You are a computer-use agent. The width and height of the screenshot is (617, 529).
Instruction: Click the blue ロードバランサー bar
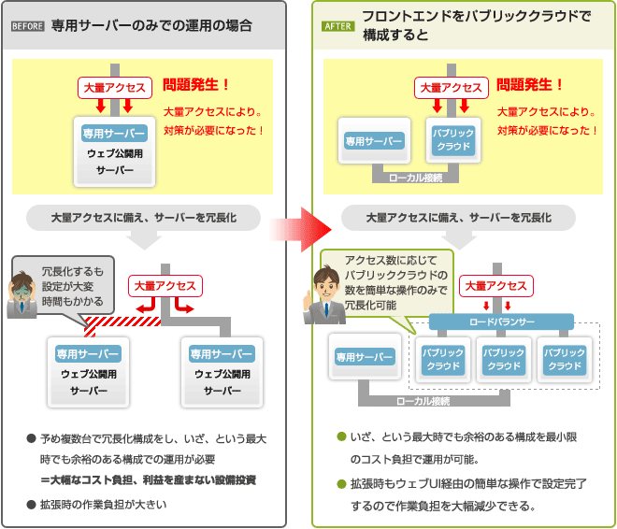click(501, 322)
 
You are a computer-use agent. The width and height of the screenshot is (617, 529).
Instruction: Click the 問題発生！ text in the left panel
click(195, 84)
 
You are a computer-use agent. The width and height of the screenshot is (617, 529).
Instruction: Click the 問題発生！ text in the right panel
click(530, 84)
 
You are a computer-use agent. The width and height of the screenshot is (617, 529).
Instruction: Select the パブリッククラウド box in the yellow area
click(452, 141)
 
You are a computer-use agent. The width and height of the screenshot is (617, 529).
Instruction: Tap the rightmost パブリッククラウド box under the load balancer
click(565, 359)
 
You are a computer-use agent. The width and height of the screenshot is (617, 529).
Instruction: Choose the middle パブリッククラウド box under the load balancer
click(502, 359)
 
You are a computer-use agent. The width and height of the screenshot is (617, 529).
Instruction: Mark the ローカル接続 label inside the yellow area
click(417, 176)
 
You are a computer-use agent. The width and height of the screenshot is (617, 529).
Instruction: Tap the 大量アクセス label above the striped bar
click(165, 286)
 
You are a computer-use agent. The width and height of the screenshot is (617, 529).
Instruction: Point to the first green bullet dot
click(341, 436)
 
